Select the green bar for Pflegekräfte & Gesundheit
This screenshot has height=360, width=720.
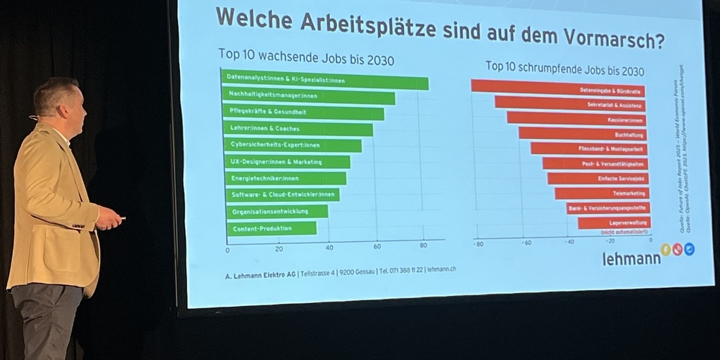[x=302, y=113]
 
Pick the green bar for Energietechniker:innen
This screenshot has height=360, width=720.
[x=285, y=178]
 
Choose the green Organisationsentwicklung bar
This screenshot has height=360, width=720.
[x=277, y=212]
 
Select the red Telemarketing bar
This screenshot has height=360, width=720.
[x=601, y=194]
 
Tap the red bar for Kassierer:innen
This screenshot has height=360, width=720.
[x=576, y=119]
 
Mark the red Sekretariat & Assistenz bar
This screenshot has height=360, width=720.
[x=570, y=104]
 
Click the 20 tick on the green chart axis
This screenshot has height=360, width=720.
[x=279, y=248]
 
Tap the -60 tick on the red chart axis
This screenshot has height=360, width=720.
[x=526, y=243]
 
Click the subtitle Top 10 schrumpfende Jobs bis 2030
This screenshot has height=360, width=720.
[x=564, y=68]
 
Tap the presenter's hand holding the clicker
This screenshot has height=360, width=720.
[x=108, y=217]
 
